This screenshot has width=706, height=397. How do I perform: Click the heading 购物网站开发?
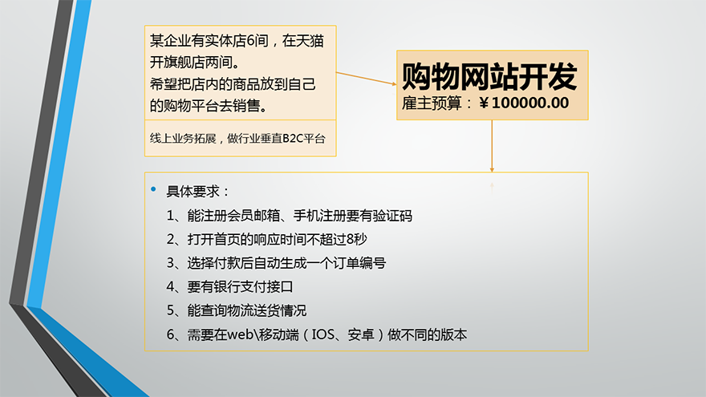pyautogui.click(x=489, y=76)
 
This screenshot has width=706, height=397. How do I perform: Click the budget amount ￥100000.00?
pyautogui.click(x=524, y=103)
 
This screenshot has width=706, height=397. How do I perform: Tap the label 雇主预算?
pyautogui.click(x=432, y=103)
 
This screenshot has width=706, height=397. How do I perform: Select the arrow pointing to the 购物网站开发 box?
pyautogui.click(x=367, y=79)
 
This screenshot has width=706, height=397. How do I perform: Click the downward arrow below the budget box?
pyautogui.click(x=492, y=146)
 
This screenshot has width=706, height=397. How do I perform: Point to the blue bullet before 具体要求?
pyautogui.click(x=153, y=189)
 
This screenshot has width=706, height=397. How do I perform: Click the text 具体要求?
pyautogui.click(x=193, y=192)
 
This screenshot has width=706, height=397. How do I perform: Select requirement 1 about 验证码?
pyautogui.click(x=289, y=216)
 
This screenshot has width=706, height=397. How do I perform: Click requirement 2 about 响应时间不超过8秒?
pyautogui.click(x=266, y=239)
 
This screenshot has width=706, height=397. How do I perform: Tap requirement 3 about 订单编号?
pyautogui.click(x=276, y=263)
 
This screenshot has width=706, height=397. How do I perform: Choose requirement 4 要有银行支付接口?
pyautogui.click(x=229, y=287)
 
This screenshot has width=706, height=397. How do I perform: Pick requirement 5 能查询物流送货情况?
pyautogui.click(x=237, y=310)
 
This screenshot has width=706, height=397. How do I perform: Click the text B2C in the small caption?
pyautogui.click(x=293, y=139)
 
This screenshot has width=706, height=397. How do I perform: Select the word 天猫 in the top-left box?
pyautogui.click(x=310, y=41)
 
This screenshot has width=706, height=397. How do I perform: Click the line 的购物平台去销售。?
pyautogui.click(x=209, y=106)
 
